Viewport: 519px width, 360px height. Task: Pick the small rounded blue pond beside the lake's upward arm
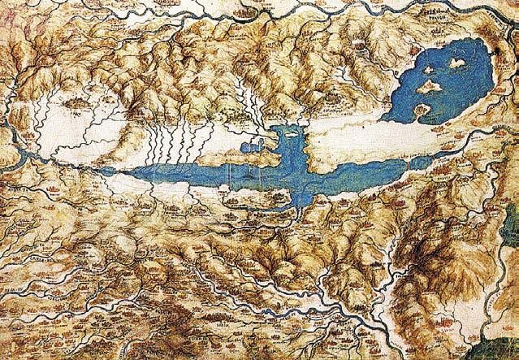click(246, 151)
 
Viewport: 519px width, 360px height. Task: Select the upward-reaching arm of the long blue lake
click(288, 142)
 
